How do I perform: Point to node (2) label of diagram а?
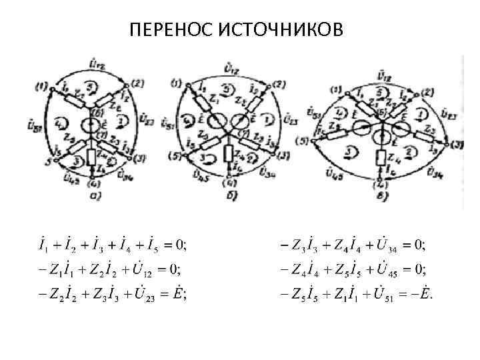pyautogui.click(x=137, y=83)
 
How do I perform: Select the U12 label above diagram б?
pyautogui.click(x=233, y=67)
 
